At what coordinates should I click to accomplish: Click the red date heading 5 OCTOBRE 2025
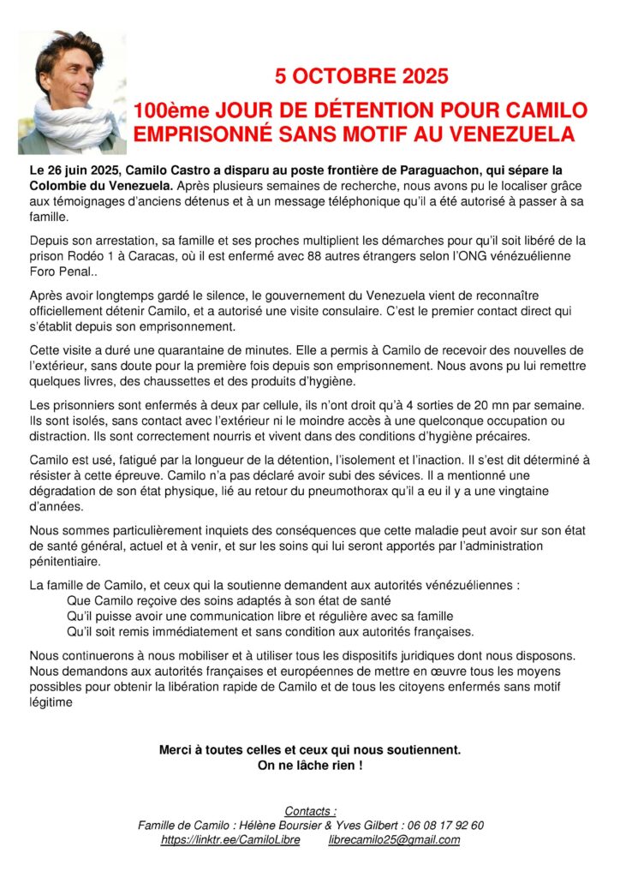click(x=361, y=76)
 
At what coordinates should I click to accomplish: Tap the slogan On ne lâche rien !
click(x=310, y=765)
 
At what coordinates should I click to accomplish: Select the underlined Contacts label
click(x=310, y=810)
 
